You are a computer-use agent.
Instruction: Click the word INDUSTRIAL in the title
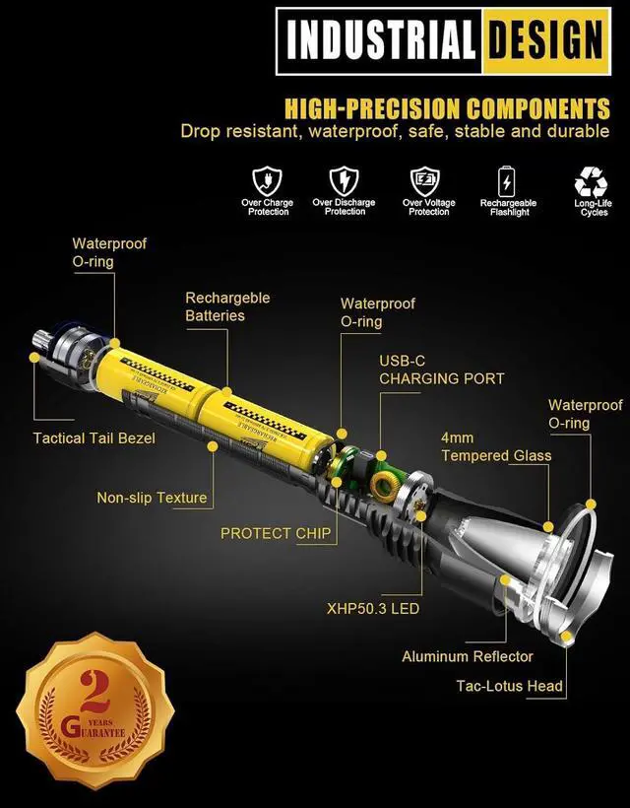[x=379, y=41]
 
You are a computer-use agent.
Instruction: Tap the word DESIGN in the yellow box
[x=543, y=41]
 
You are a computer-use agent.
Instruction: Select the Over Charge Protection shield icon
[x=268, y=180]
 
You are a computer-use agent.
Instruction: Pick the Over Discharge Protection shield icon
[x=344, y=180]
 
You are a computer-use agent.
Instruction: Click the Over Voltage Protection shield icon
[x=426, y=180]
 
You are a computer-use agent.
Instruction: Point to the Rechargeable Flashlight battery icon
[x=507, y=180]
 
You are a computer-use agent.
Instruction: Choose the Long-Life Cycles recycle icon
[x=593, y=180]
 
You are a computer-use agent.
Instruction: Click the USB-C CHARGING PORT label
[x=441, y=370]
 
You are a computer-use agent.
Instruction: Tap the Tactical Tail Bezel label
[x=94, y=438]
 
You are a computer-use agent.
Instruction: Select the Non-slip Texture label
[x=152, y=498]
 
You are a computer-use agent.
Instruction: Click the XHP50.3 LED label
[x=372, y=608]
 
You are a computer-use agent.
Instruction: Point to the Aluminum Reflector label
[x=468, y=656]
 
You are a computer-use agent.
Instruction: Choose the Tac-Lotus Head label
[x=509, y=686]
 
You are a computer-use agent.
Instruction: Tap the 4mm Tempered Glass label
[x=496, y=446]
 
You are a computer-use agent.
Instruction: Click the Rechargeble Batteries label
[x=227, y=306]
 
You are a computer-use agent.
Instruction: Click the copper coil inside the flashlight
[x=383, y=483]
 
